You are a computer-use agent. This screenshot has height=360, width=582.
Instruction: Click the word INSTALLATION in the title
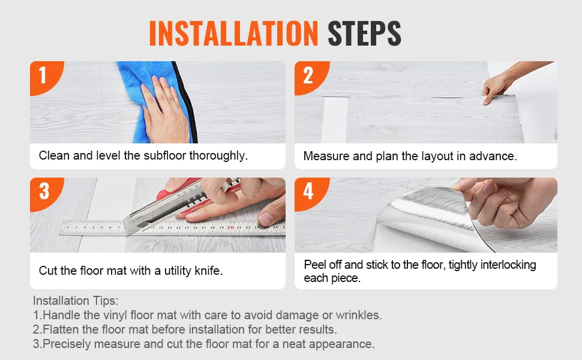(x=233, y=33)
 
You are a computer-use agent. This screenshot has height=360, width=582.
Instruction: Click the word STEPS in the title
(x=364, y=33)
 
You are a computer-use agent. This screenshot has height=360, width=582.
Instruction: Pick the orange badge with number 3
(x=45, y=193)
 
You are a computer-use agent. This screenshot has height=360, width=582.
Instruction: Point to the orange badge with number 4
(x=310, y=193)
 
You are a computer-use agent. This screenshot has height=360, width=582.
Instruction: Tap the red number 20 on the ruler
(x=230, y=227)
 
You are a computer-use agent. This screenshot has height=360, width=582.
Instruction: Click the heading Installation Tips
(x=76, y=300)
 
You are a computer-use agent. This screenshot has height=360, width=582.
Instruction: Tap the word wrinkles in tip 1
(x=359, y=315)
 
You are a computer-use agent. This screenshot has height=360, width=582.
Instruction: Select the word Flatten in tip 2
(x=61, y=329)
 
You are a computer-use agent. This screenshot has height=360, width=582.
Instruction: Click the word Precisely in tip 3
(x=67, y=344)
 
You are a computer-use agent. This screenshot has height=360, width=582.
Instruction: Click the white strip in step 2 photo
(x=334, y=120)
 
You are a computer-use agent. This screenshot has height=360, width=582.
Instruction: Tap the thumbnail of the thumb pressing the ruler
(x=266, y=218)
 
